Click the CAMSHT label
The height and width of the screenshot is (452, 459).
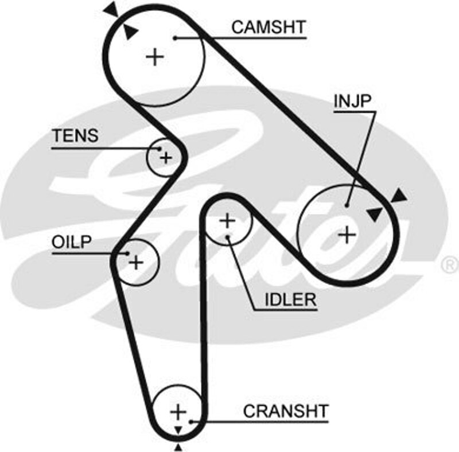[269, 27]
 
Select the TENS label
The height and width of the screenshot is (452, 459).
[75, 137]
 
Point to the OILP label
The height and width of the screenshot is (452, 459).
[72, 241]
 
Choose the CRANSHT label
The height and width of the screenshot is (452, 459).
[286, 411]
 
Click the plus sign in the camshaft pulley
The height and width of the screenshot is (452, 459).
[155, 57]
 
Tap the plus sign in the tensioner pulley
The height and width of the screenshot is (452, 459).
[166, 157]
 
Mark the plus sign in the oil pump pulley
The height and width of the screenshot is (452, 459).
[136, 263]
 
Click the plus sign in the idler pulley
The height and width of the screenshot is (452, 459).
[228, 220]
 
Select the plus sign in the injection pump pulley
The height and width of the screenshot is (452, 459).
[347, 233]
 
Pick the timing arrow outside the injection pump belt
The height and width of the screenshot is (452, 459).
[399, 196]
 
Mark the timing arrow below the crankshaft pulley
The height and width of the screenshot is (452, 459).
[178, 446]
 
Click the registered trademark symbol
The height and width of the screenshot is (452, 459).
[448, 264]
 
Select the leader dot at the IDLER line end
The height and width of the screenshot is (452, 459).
[228, 236]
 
